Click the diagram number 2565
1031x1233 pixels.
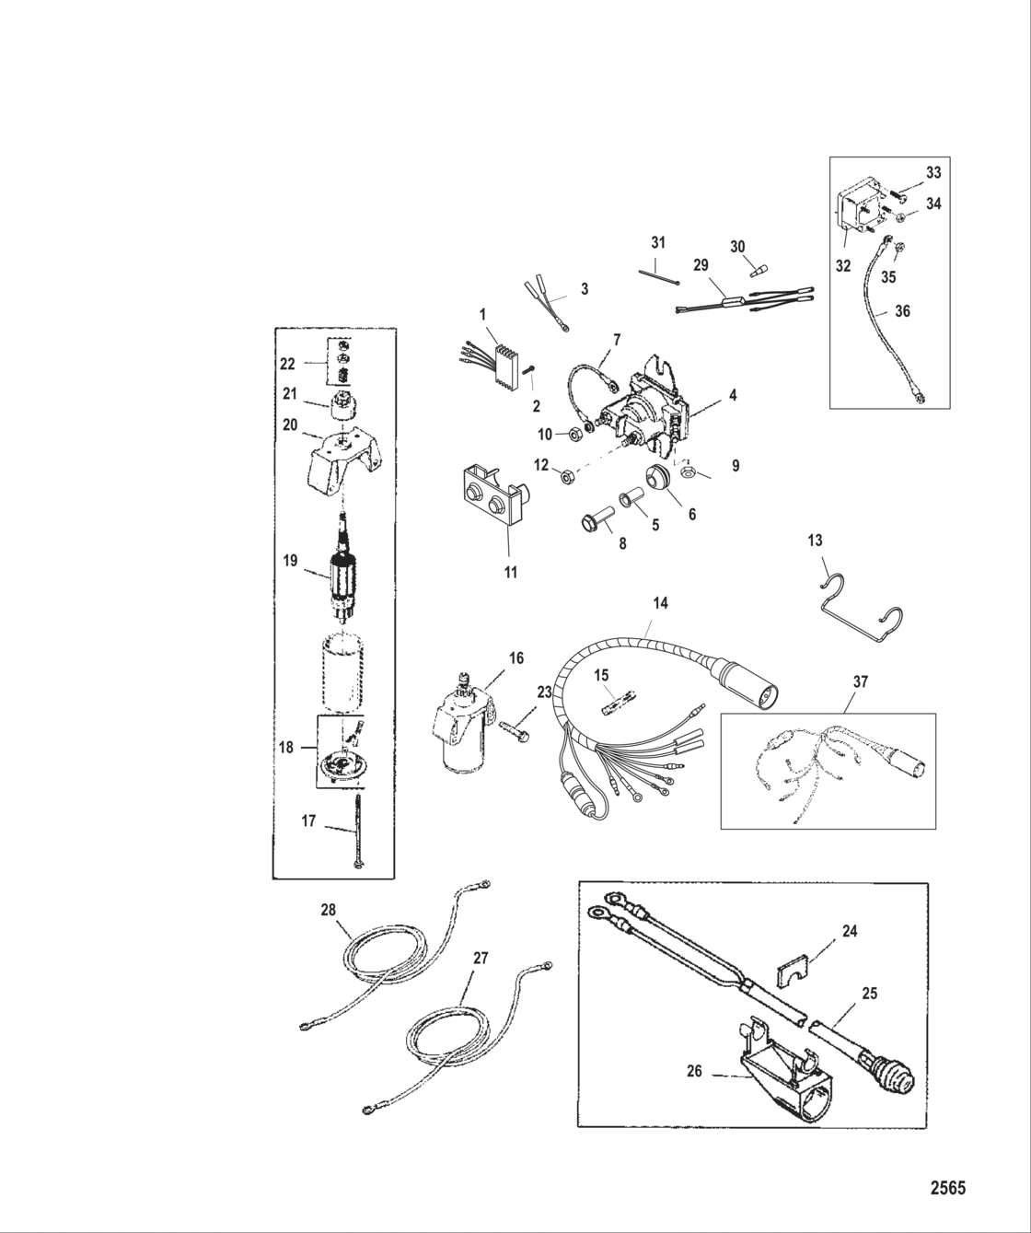pyautogui.click(x=946, y=1187)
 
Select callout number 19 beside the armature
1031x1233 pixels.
pyautogui.click(x=290, y=559)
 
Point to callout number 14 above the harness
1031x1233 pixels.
pyautogui.click(x=660, y=603)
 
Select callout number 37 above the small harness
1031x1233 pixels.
pyautogui.click(x=861, y=682)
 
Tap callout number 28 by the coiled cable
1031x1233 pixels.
pyautogui.click(x=329, y=911)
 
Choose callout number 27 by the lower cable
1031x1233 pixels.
pyautogui.click(x=480, y=958)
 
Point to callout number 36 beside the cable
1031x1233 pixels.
pyautogui.click(x=903, y=311)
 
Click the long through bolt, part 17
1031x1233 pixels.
pyautogui.click(x=356, y=829)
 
